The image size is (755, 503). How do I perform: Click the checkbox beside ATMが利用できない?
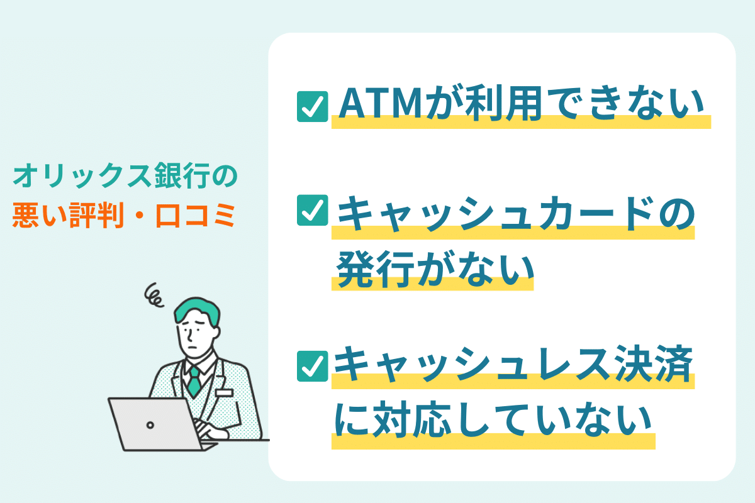pyautogui.click(x=312, y=106)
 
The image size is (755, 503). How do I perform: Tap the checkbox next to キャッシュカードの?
pyautogui.click(x=312, y=210)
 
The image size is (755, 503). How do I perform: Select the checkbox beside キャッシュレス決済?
pyautogui.click(x=312, y=366)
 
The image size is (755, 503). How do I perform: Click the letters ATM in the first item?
pyautogui.click(x=380, y=104)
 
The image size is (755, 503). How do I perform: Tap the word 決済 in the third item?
pyautogui.click(x=654, y=364)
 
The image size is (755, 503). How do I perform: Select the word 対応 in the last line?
pyautogui.click(x=412, y=419)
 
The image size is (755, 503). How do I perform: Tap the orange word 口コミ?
pyautogui.click(x=196, y=215)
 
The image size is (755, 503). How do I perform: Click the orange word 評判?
pyautogui.click(x=97, y=215)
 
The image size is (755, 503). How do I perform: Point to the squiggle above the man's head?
pyautogui.click(x=154, y=296)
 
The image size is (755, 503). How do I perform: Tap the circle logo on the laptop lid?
pyautogui.click(x=150, y=425)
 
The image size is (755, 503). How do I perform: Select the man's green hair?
pyautogui.click(x=197, y=310)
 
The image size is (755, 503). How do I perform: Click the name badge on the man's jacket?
pyautogui.click(x=224, y=393)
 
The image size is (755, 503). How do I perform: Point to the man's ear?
pyautogui.click(x=216, y=333)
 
